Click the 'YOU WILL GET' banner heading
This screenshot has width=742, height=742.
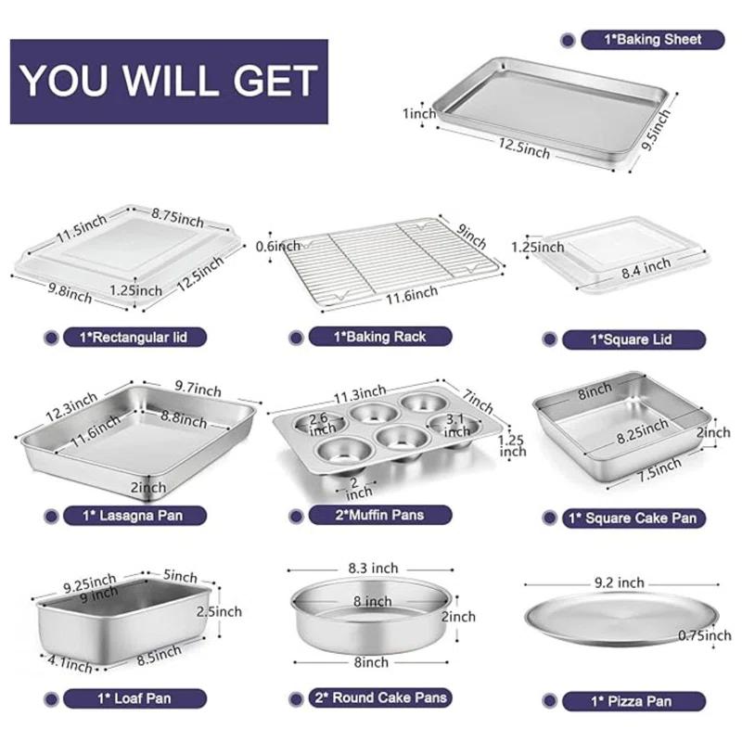[170, 81]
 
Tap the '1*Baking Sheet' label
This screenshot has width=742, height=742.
[653, 39]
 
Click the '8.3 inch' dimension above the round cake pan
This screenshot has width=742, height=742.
[371, 569]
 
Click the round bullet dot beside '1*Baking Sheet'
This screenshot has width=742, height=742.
[568, 39]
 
